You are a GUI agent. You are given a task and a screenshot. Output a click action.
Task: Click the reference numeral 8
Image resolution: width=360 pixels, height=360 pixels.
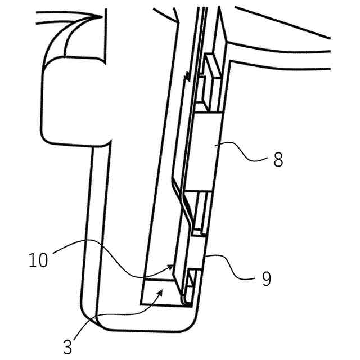(x=277, y=159)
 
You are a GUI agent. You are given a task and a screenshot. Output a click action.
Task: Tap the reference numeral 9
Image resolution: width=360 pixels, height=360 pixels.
(x=265, y=278)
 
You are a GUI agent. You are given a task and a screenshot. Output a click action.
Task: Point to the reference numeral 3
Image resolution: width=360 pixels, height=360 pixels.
(x=67, y=346)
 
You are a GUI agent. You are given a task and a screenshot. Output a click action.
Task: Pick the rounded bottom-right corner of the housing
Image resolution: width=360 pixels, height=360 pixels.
(x=189, y=322)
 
